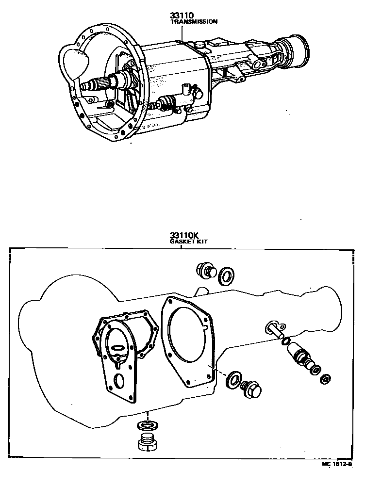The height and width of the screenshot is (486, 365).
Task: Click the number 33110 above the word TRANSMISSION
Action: (x=181, y=16)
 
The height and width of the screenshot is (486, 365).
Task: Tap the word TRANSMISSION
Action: (x=194, y=22)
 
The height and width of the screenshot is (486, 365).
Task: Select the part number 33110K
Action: (x=182, y=236)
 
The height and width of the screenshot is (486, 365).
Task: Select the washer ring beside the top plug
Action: (x=225, y=276)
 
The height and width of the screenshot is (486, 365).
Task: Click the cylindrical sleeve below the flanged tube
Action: (x=298, y=356)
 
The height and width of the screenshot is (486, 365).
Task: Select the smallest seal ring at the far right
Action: (x=328, y=377)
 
